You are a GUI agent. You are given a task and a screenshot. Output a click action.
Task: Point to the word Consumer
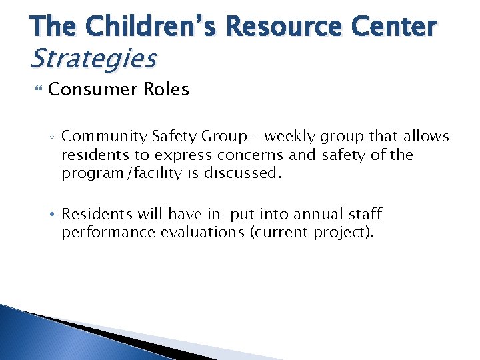[91, 89]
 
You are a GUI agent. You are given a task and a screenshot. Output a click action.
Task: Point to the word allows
[425, 137]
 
